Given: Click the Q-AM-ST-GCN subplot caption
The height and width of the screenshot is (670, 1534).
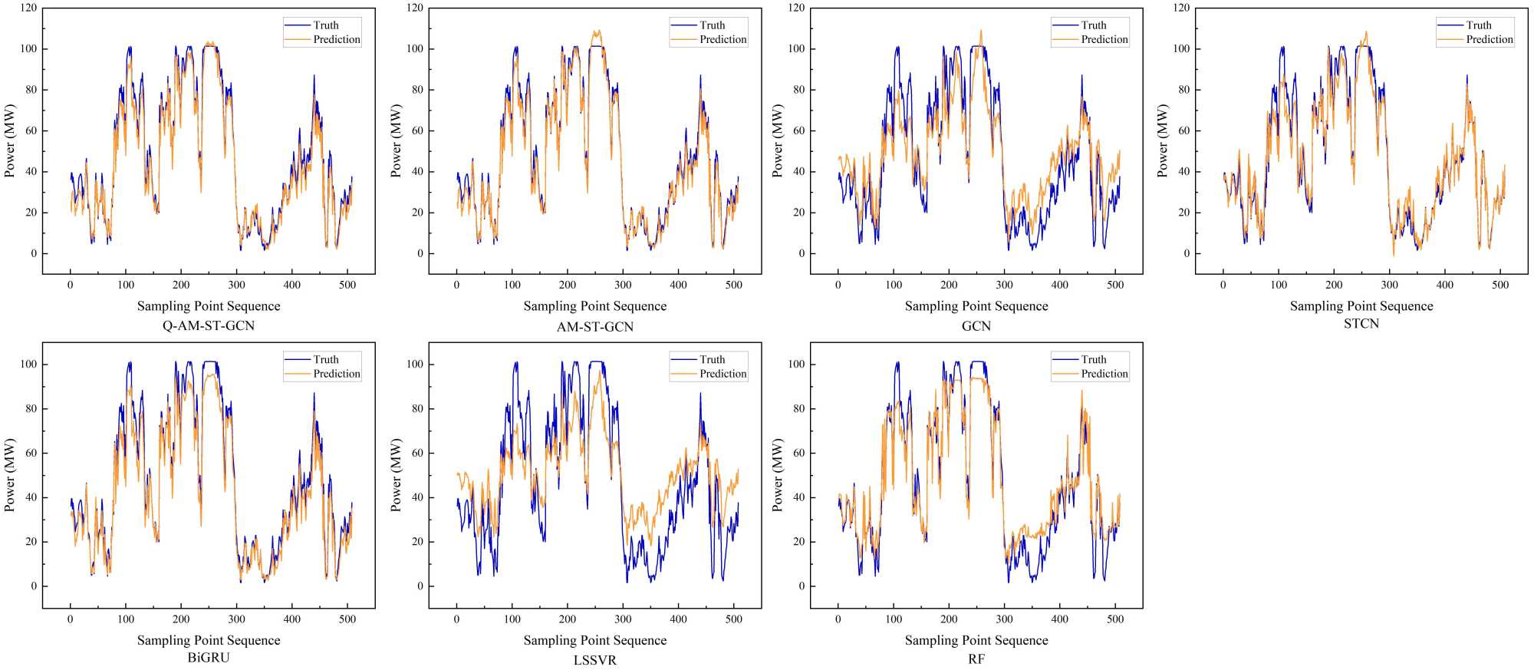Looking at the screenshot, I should tap(209, 325).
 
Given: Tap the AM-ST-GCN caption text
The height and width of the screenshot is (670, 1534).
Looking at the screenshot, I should tap(595, 326).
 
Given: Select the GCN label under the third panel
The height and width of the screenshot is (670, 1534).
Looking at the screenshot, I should tap(976, 326).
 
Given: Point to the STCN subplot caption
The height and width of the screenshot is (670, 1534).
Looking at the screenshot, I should tap(1361, 324).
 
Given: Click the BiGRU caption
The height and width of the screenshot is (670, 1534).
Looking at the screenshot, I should tap(209, 658).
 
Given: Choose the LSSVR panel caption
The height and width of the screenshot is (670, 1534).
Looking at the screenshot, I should tap(595, 660).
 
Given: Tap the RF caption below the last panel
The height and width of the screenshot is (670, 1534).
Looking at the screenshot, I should tap(976, 659).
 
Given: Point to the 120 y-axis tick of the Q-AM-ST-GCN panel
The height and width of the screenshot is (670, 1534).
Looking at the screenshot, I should tap(29, 8).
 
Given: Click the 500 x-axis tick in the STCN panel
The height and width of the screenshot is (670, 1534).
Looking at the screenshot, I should tap(1500, 285).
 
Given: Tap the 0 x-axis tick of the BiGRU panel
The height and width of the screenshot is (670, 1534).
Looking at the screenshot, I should tap(71, 619).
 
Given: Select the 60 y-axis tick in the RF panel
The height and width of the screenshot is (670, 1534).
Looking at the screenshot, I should tap(797, 453).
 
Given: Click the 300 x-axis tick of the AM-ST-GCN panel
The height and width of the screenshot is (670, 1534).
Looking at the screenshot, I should tap(623, 285).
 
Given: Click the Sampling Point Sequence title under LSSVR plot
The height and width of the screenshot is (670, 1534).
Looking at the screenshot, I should tap(595, 640).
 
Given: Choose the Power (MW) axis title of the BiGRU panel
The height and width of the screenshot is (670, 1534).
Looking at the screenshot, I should tap(10, 475).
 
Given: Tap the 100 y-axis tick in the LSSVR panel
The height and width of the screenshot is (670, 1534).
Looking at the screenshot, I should tap(415, 365).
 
